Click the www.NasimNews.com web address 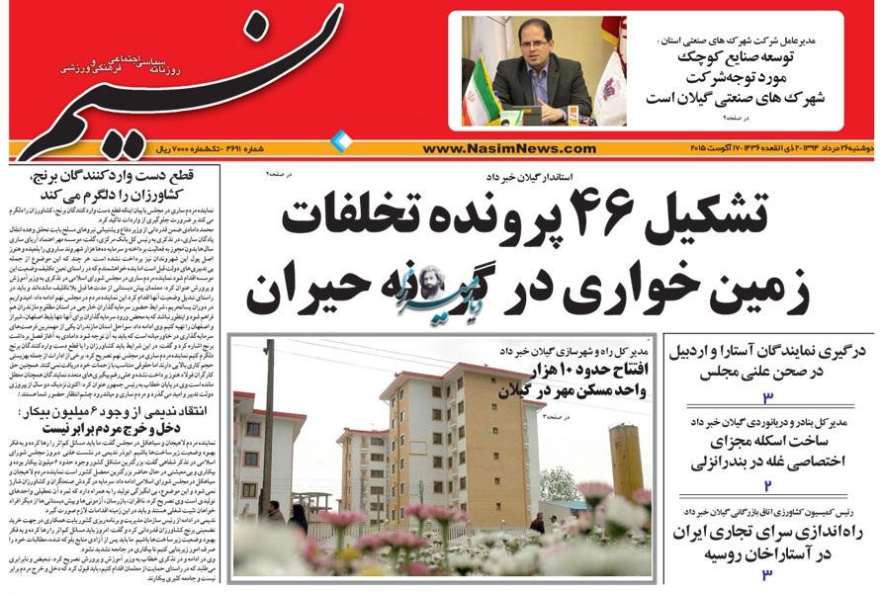(x=508, y=149)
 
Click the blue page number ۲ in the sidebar (x=766, y=485)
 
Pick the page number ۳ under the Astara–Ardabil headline (x=767, y=396)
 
